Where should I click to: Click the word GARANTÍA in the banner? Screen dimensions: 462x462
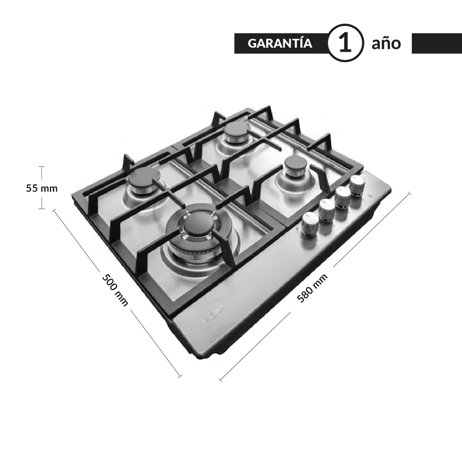[280, 43]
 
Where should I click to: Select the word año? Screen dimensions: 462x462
[386, 43]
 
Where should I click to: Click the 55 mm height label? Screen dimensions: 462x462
[42, 188]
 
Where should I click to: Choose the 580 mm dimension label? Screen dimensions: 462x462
[312, 288]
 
